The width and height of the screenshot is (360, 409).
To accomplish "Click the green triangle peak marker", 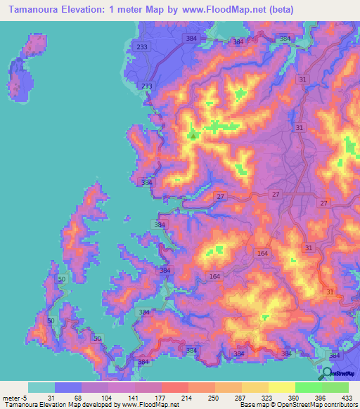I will (193, 135).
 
